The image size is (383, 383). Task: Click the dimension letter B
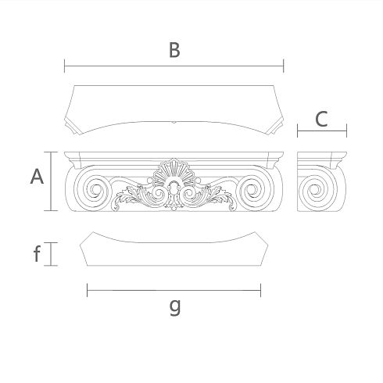[174, 50]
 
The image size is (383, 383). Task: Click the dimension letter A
[37, 177]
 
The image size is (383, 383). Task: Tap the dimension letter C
[321, 119]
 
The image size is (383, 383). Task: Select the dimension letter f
[37, 254]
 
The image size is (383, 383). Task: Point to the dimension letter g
[175, 307]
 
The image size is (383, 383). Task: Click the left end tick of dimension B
[65, 66]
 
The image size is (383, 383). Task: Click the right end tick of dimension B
[284, 66]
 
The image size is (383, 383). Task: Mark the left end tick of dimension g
[87, 290]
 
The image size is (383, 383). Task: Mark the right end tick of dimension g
[260, 290]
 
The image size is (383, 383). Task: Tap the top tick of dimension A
[51, 152]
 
